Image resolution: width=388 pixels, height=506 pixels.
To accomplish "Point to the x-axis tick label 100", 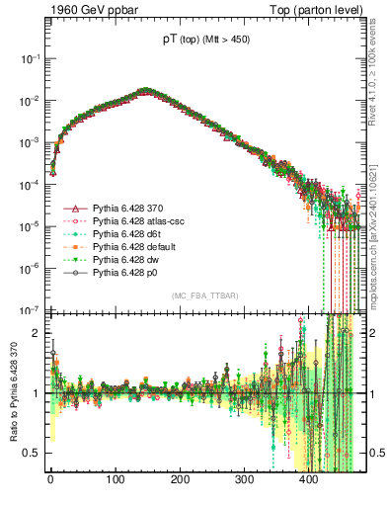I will click(116, 481).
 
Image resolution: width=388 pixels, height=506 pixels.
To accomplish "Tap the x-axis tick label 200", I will click(180, 481).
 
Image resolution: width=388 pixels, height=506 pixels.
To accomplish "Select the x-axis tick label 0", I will click(50, 481).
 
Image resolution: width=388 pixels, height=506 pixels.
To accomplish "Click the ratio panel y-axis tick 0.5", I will click(33, 453).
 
